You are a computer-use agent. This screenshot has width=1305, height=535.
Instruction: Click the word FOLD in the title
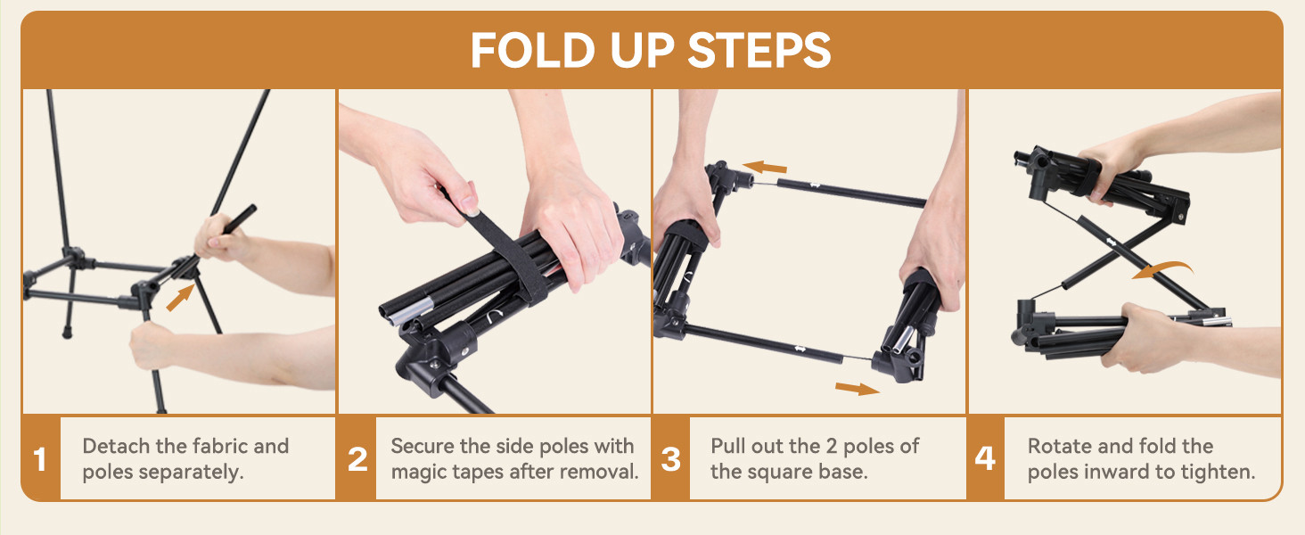pos(532,51)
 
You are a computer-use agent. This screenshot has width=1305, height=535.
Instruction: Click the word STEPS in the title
pos(759,51)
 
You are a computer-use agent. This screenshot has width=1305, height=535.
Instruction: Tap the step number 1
pos(39,459)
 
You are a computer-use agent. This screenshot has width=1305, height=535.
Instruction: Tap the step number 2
pos(357,459)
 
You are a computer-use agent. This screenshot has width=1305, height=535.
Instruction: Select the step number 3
pos(670,459)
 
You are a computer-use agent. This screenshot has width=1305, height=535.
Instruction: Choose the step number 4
pos(985,458)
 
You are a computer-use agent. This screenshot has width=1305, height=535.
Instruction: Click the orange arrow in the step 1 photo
pos(180,298)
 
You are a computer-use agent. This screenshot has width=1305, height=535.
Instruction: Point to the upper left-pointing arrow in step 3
pos(764,168)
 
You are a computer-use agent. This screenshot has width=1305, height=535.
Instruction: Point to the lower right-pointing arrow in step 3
pos(857,389)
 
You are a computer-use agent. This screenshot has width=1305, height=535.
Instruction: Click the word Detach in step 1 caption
pos(117,447)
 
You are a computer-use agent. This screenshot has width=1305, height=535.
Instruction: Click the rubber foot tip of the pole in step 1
pos(68,334)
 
